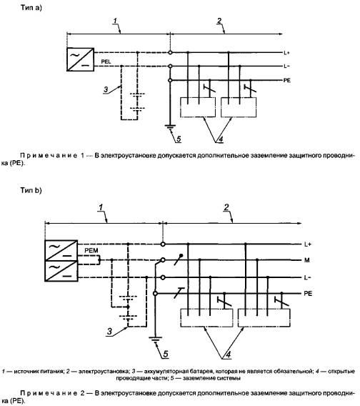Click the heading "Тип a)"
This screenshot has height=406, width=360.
31,8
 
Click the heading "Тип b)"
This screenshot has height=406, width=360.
31,191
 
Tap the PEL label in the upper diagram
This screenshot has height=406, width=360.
106,62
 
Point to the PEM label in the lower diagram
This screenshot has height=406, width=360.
91,251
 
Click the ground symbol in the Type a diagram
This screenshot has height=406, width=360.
170,127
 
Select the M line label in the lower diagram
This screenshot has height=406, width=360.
306,260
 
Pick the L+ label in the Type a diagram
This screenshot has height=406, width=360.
286,53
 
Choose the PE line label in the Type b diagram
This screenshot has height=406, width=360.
308,294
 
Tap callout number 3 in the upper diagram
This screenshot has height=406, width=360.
106,89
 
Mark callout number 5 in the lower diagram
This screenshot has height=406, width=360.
166,354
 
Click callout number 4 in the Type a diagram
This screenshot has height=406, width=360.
220,139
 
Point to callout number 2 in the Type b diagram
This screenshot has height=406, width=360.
226,207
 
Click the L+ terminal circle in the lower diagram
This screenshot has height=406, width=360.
163,244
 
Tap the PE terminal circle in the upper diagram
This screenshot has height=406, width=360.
170,81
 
